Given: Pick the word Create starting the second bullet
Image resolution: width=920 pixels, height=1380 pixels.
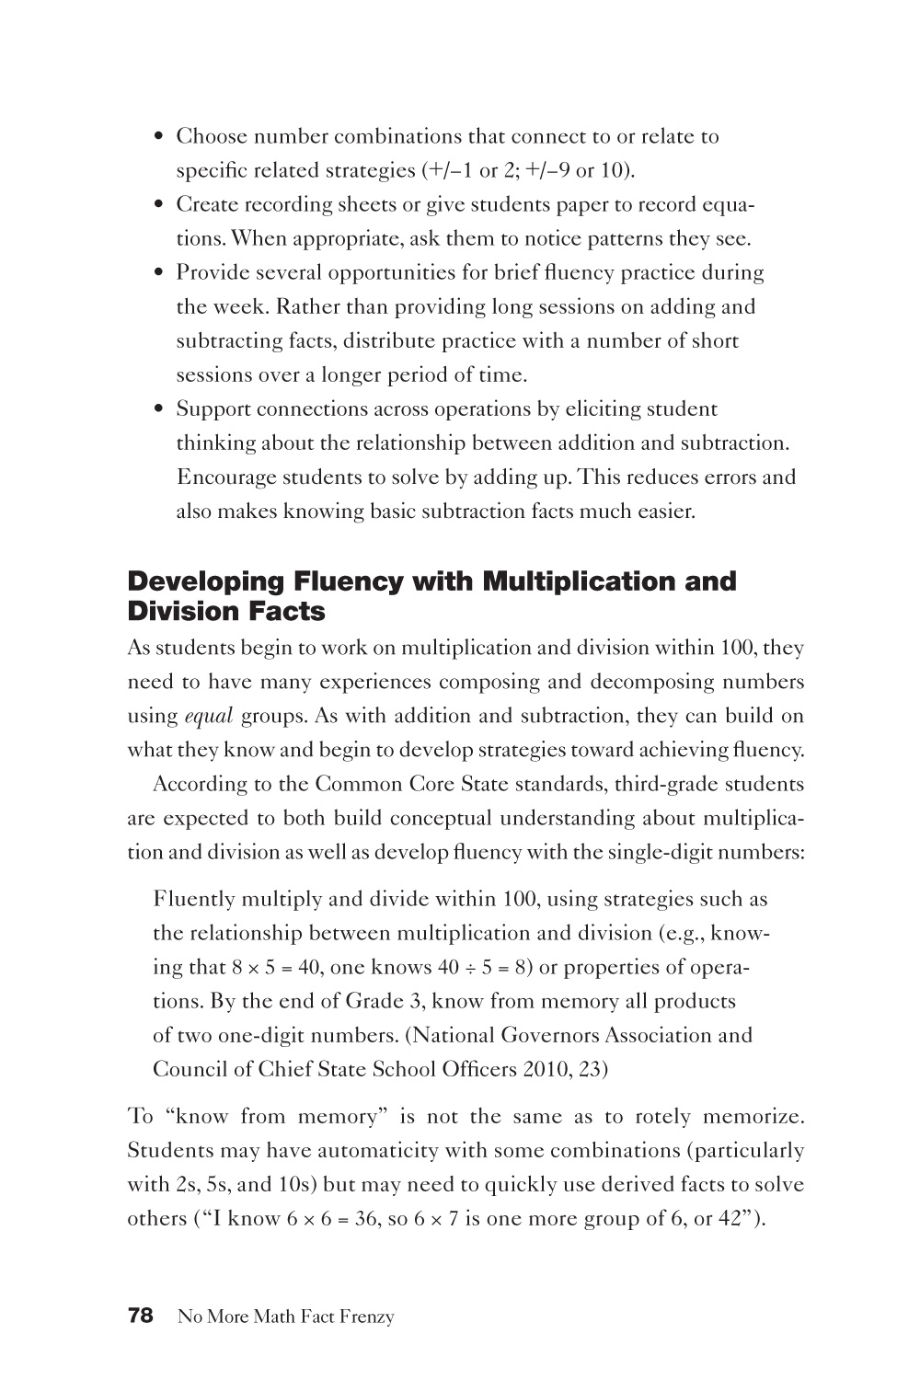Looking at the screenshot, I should tap(205, 205).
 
